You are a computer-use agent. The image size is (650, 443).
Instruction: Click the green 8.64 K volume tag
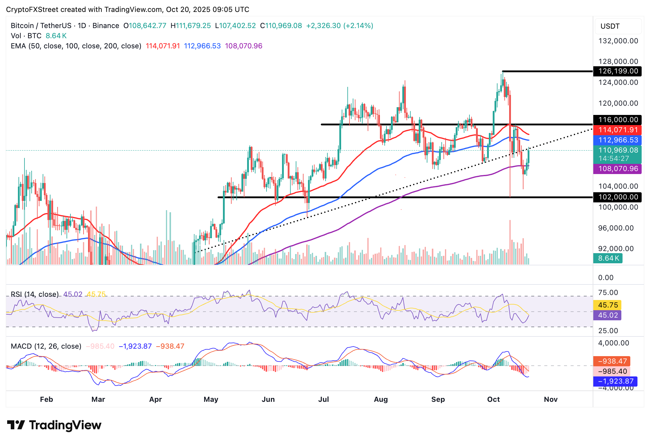coord(608,258)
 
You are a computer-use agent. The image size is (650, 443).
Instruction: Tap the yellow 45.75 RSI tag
coord(608,305)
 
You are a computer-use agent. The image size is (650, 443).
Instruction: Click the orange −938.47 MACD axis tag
coord(612,361)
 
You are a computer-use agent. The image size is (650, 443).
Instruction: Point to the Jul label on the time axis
coord(324,399)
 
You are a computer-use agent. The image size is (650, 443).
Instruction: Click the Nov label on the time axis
coord(551,399)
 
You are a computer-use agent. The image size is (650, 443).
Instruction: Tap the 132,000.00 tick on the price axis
coord(618,41)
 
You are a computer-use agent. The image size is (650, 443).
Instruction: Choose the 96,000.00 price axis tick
coord(616,228)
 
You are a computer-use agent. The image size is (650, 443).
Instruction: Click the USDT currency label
coord(610,26)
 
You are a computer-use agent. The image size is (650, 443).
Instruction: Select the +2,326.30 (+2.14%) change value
coord(340,26)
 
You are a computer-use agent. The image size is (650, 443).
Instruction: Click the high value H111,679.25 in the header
coord(191,26)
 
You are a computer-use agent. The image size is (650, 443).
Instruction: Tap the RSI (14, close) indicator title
coord(35,294)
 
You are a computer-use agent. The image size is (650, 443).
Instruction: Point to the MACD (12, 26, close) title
coord(46,346)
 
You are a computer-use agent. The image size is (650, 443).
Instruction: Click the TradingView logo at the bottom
coord(54,425)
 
